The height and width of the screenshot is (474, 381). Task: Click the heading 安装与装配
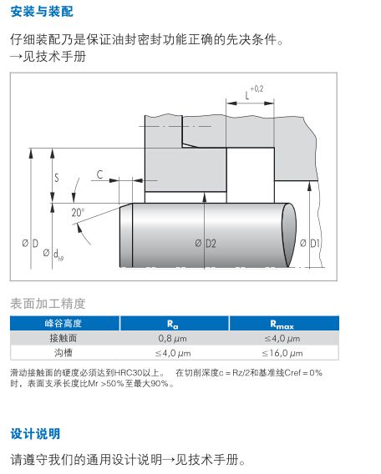pos(42,12)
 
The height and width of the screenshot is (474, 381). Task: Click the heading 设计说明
pos(35,434)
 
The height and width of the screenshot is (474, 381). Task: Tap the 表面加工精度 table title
pos(48,304)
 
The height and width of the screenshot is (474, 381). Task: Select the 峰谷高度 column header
pos(63,324)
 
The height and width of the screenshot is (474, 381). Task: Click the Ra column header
pos(173,324)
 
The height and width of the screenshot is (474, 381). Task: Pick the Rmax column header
pos(282,325)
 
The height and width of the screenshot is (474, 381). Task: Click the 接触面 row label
pos(63,338)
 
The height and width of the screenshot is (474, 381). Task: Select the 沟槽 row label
pos(63,352)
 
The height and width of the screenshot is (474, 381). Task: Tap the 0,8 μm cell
pos(172,338)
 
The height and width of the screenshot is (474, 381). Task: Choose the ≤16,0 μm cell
pos(282,353)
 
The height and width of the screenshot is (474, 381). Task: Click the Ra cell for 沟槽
pos(173,353)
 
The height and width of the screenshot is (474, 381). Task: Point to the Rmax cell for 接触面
pos(282,338)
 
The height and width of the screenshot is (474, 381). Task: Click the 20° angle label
pos(78,213)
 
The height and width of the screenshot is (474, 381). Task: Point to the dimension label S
pos(57,178)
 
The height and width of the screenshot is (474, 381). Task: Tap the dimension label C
pos(100,174)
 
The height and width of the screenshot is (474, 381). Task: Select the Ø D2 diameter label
pos(206,244)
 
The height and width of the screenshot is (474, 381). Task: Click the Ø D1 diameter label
pos(310,243)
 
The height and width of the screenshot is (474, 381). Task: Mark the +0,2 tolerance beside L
pos(257,88)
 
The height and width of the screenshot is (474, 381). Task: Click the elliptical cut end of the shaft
pos(289,234)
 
